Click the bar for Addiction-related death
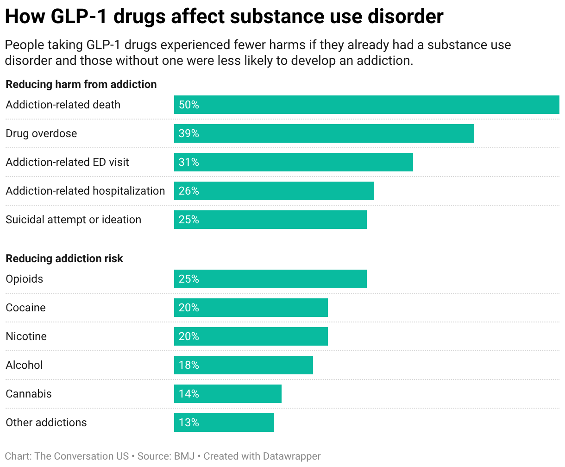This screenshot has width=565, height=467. (366, 105)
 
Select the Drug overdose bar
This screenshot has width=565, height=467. (324, 133)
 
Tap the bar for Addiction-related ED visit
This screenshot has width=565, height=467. (293, 162)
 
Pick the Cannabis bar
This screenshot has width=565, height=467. (228, 394)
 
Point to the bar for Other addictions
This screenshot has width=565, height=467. (224, 423)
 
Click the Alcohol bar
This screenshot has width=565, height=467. (244, 365)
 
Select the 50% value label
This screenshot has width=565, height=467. (189, 105)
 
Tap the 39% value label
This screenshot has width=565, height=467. (189, 133)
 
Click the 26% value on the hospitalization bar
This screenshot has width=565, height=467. (189, 191)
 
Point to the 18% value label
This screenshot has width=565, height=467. (189, 365)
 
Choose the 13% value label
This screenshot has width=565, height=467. (189, 423)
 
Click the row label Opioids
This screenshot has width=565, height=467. (25, 279)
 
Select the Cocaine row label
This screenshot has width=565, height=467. (26, 308)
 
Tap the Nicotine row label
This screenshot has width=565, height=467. (26, 336)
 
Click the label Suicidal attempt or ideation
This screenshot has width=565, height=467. (74, 220)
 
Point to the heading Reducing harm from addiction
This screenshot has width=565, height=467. (81, 84)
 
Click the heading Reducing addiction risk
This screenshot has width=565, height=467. (64, 259)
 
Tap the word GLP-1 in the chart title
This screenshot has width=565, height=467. (79, 17)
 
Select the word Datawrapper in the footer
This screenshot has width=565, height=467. (292, 456)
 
